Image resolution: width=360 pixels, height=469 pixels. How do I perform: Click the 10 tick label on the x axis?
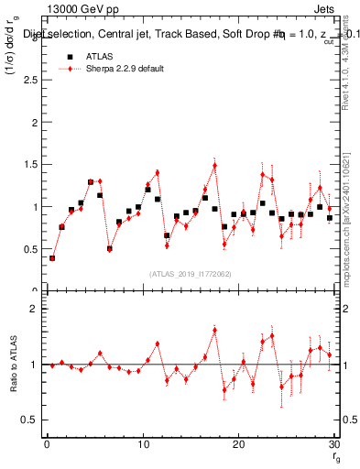click(142, 446)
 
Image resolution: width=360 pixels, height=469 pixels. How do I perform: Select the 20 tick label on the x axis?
click(238, 446)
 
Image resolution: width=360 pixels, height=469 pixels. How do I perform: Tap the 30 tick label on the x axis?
click(334, 446)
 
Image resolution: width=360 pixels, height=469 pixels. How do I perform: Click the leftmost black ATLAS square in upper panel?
click(52, 258)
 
